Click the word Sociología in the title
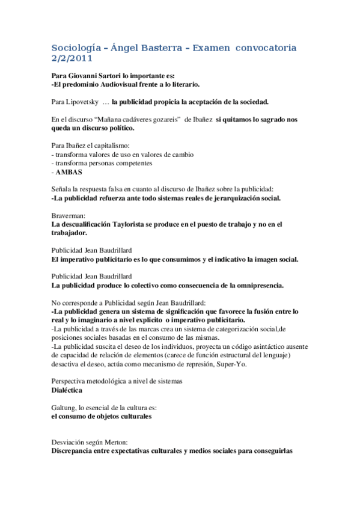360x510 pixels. point(75,47)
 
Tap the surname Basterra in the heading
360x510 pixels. point(164,47)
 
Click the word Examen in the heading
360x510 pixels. point(213,47)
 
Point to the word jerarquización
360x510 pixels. point(229,198)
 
